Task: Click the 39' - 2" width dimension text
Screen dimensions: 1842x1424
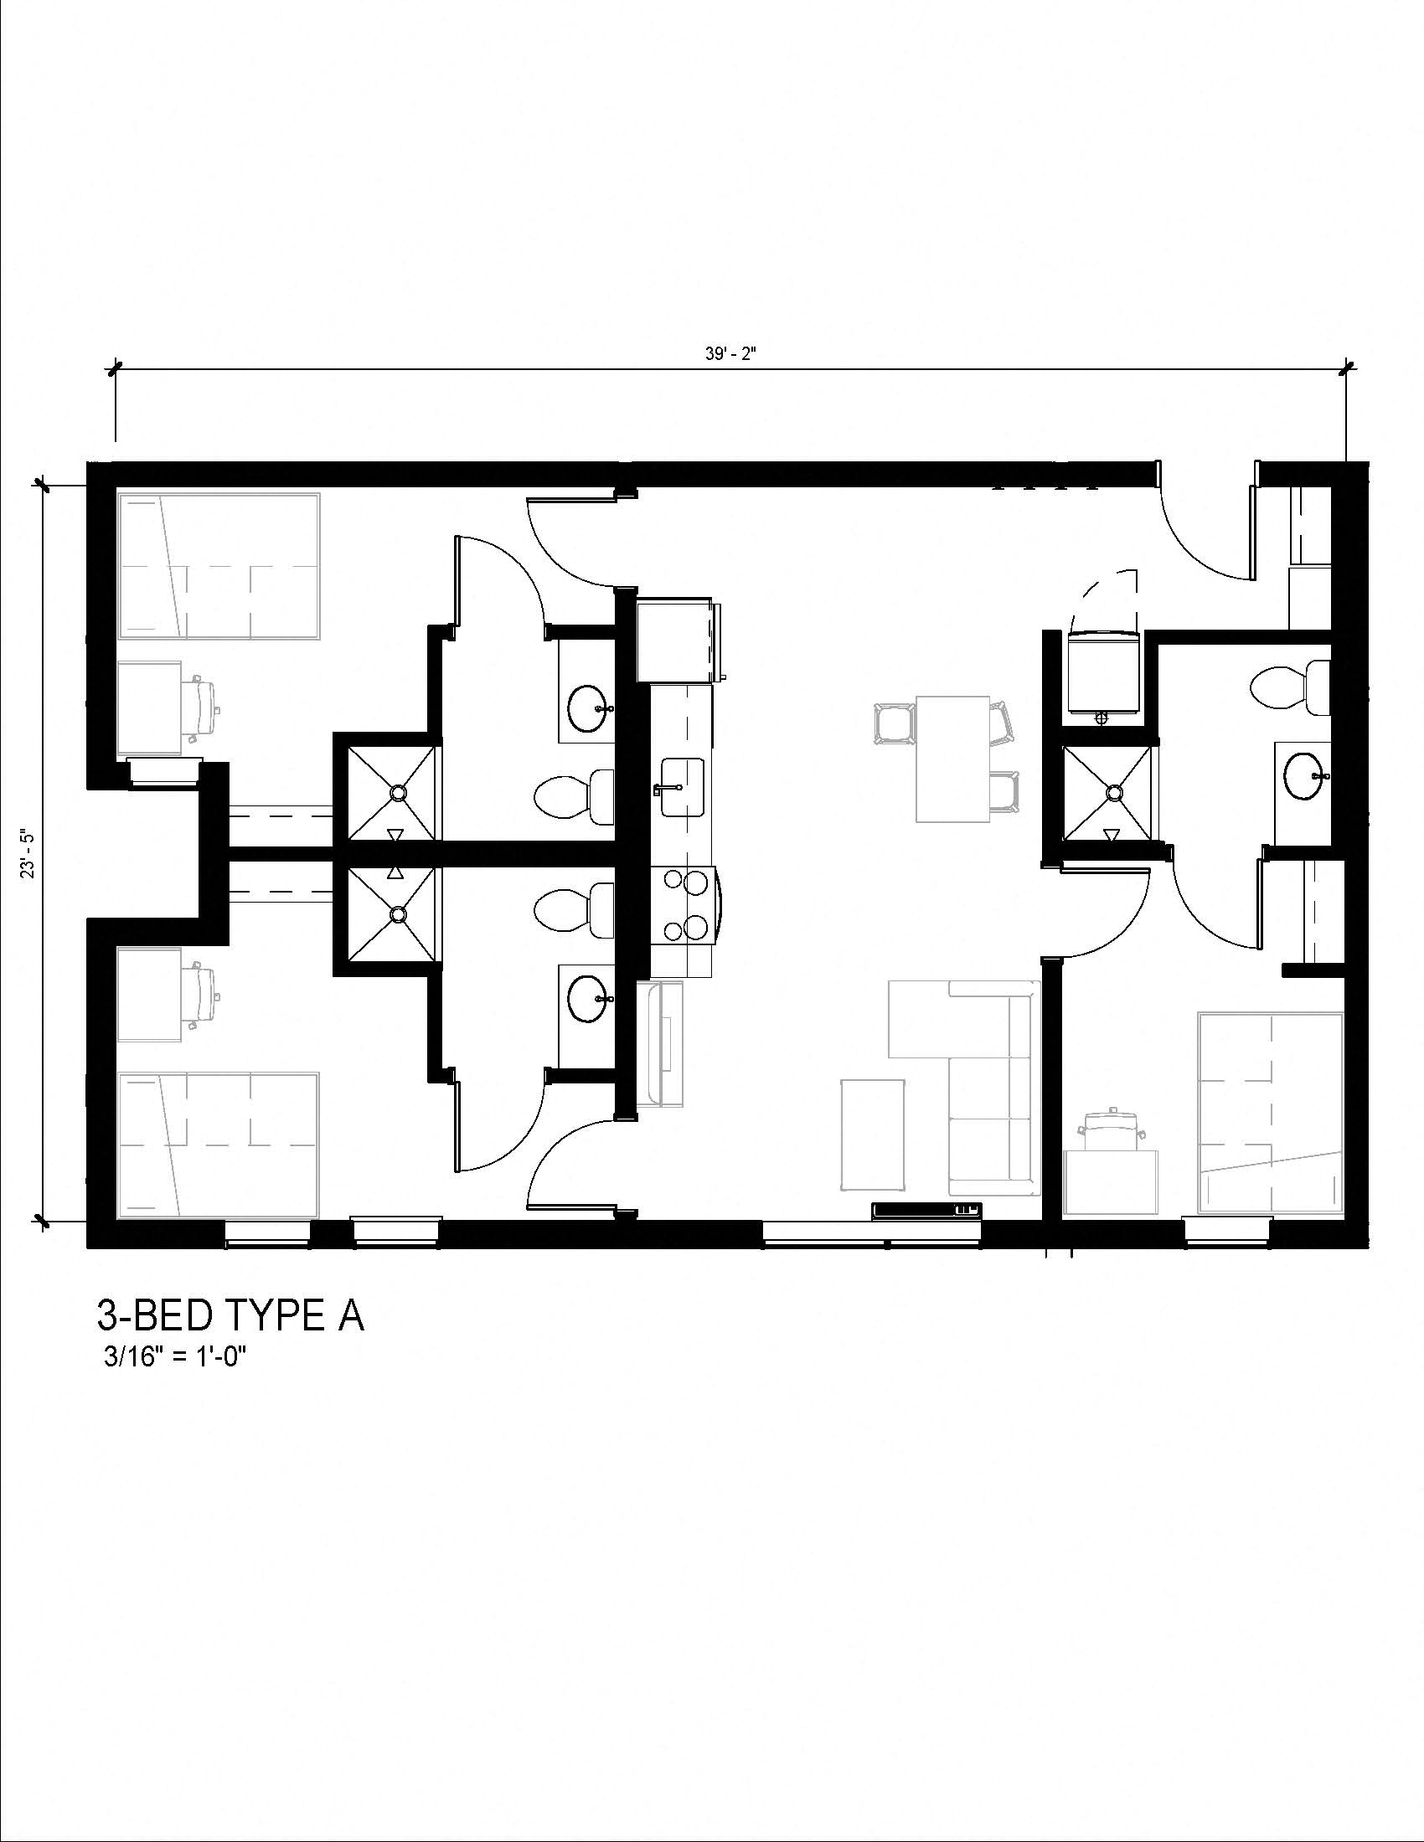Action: tap(731, 354)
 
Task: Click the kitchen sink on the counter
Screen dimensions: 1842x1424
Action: tap(682, 787)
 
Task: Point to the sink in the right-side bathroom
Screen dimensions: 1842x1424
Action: tap(1304, 775)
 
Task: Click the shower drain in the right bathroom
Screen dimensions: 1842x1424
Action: tap(1114, 792)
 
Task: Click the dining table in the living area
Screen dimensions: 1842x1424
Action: tap(952, 759)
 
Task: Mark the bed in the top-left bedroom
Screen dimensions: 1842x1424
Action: tap(219, 566)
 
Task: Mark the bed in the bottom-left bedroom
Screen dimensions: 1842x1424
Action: tap(219, 1145)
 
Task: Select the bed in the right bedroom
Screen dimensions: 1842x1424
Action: tap(1270, 1114)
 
